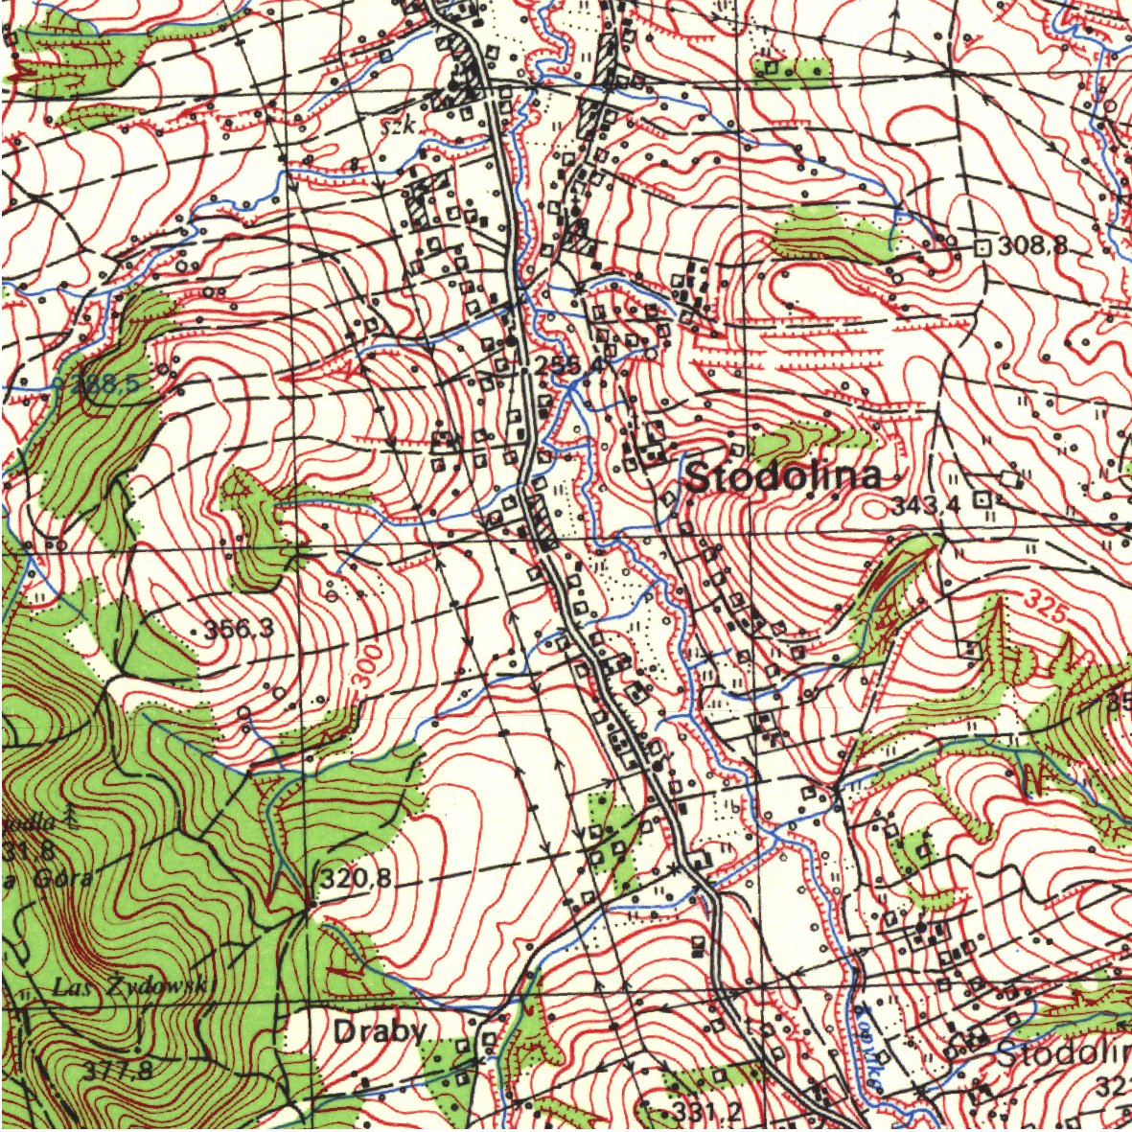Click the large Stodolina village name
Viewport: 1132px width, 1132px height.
(783, 476)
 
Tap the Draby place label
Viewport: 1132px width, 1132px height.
(380, 1031)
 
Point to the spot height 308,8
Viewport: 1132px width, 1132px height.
(1032, 246)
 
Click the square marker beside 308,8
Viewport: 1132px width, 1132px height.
(982, 246)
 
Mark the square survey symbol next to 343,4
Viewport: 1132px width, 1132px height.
(981, 499)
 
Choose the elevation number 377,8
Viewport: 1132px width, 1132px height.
(118, 1070)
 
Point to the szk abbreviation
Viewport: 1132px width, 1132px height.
(395, 126)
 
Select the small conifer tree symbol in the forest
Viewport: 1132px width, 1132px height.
(72, 817)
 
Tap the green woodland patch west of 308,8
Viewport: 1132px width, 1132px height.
(829, 235)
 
